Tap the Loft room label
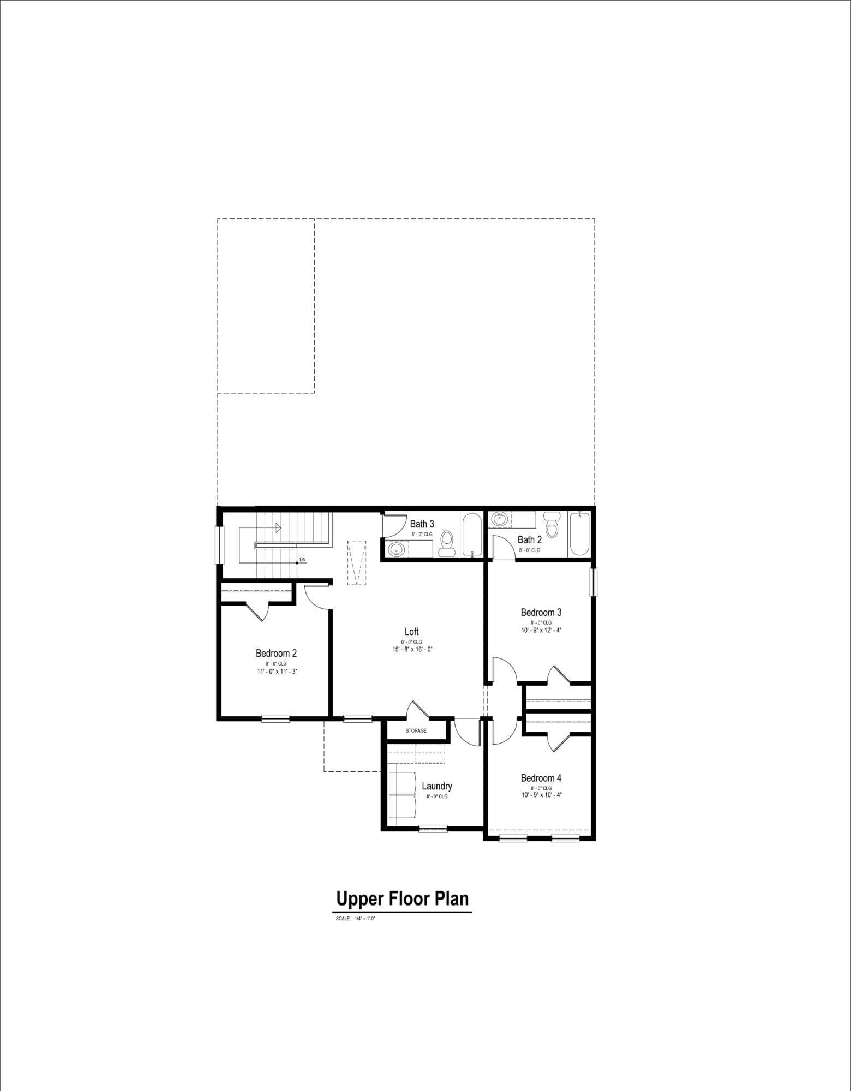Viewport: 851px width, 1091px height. point(412,632)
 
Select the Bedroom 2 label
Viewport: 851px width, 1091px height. point(277,653)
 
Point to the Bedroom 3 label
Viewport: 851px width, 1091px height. point(541,612)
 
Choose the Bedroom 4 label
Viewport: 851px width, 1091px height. point(541,778)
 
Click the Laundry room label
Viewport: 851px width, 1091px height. point(437,787)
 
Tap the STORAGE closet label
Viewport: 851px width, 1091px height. point(416,730)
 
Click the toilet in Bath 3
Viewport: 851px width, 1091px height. point(447,543)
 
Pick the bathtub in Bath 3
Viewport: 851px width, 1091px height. point(472,535)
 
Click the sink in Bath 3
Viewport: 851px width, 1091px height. point(397,549)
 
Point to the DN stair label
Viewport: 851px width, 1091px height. point(303,560)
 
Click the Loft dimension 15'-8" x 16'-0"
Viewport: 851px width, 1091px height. point(412,649)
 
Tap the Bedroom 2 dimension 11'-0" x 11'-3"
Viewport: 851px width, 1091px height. point(277,672)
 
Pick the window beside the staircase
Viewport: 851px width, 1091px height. point(219,544)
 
